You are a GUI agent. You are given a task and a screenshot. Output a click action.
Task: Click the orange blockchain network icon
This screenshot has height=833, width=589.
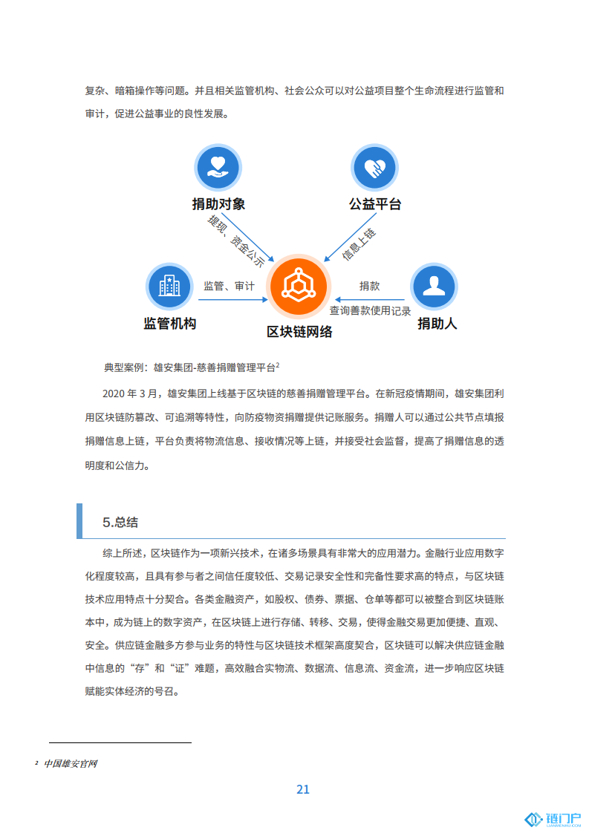(299, 285)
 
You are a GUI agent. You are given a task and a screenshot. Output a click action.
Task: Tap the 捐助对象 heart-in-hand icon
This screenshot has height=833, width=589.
(218, 167)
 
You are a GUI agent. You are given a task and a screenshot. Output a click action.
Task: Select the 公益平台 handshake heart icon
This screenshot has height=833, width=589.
(375, 167)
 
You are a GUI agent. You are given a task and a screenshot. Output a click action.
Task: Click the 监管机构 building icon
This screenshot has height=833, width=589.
(169, 286)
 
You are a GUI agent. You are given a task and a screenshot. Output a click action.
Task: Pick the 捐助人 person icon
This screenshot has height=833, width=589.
(434, 286)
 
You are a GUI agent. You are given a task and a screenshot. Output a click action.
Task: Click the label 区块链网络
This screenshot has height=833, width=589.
(299, 332)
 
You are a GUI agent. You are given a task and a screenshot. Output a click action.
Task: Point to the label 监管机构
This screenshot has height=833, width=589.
(169, 324)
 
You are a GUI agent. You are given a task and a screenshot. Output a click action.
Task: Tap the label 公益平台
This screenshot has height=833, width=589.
(375, 204)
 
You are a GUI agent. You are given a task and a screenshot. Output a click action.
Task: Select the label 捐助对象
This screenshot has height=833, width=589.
(218, 204)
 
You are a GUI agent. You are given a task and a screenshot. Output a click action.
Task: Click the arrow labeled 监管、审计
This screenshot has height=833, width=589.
(232, 300)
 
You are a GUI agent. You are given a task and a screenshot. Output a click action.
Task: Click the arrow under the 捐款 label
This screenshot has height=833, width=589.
(369, 300)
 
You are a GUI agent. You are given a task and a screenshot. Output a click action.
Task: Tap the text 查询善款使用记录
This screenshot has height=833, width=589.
(370, 311)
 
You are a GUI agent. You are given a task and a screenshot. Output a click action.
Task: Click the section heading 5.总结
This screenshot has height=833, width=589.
(120, 522)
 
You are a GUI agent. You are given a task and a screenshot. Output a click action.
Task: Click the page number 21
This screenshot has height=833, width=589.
(303, 789)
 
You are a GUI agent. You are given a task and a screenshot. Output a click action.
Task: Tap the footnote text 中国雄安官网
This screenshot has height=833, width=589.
(71, 763)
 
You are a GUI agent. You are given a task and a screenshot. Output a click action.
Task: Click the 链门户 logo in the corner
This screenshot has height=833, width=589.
(553, 819)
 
